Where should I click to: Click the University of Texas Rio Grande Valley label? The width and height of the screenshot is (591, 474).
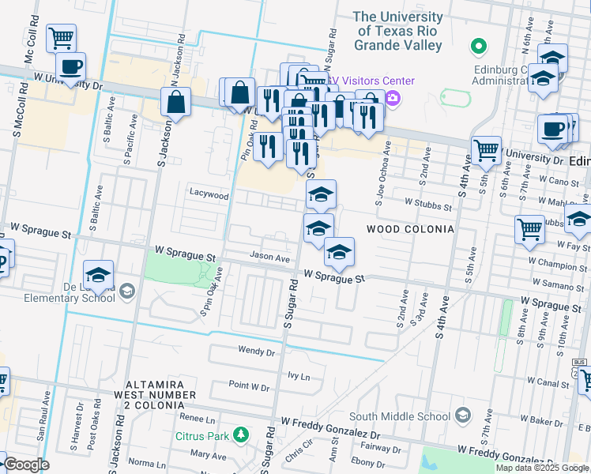pos(397,31)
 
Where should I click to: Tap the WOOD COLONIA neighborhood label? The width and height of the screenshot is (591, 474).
pos(410,229)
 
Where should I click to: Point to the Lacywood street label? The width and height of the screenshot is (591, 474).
pos(209,194)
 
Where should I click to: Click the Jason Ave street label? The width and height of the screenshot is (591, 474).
pos(270,257)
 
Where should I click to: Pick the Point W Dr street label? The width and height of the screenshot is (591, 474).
pos(249,388)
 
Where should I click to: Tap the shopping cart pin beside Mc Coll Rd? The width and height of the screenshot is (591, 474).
pos(61,37)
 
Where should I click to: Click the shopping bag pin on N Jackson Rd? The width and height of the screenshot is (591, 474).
pos(175,102)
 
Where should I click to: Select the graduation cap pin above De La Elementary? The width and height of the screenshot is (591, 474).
pos(98,274)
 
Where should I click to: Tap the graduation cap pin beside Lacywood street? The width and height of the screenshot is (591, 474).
pos(321,194)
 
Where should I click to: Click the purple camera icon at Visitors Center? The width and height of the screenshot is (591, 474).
pos(393,98)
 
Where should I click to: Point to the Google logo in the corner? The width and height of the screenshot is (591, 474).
pos(25,465)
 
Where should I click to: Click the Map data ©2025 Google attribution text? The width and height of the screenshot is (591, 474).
pos(542,468)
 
